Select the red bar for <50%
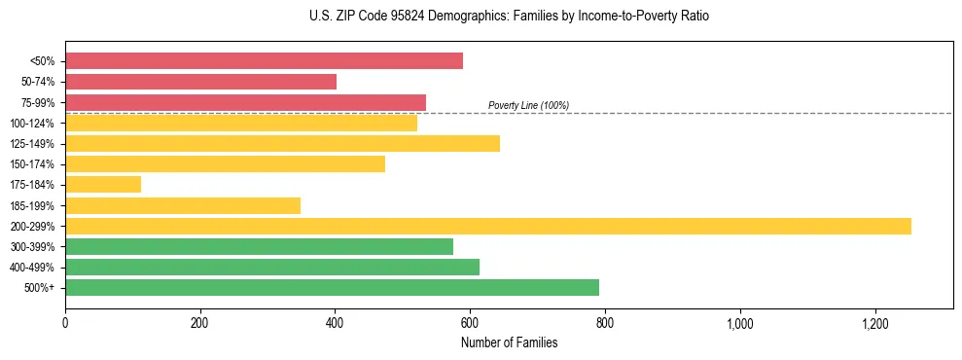(264, 61)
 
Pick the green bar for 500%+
(332, 288)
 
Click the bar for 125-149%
(282, 144)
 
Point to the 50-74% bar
(200, 82)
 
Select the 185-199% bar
(183, 205)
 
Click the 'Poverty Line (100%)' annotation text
(528, 105)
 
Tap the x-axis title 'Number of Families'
(509, 342)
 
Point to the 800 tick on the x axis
(605, 323)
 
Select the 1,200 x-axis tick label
(875, 323)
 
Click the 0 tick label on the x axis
(65, 323)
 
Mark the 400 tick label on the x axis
(335, 323)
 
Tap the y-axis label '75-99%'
(43, 103)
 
